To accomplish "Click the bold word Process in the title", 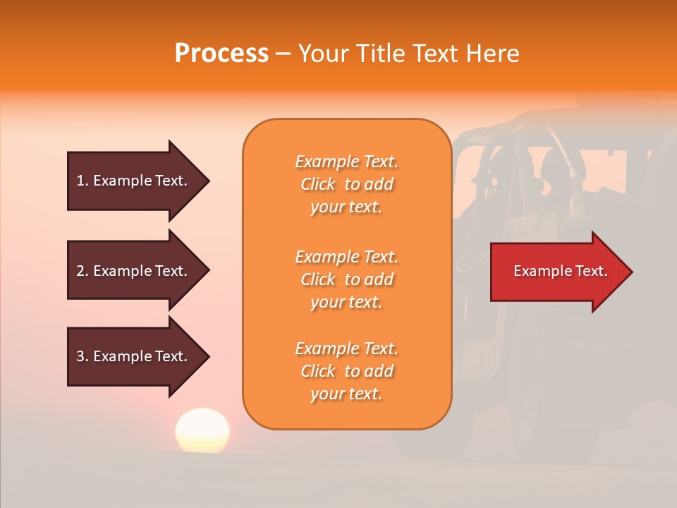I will pyautogui.click(x=221, y=54).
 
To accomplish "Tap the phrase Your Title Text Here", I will pyautogui.click(x=408, y=54).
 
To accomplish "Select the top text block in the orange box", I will pyautogui.click(x=346, y=184).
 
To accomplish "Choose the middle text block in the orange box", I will pyautogui.click(x=346, y=279).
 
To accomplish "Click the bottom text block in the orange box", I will pyautogui.click(x=346, y=371).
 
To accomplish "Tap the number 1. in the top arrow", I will pyautogui.click(x=83, y=181).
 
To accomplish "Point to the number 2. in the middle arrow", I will pyautogui.click(x=83, y=271).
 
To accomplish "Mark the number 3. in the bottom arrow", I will pyautogui.click(x=83, y=356).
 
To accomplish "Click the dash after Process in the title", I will pyautogui.click(x=283, y=54).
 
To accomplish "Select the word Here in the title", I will pyautogui.click(x=496, y=54).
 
